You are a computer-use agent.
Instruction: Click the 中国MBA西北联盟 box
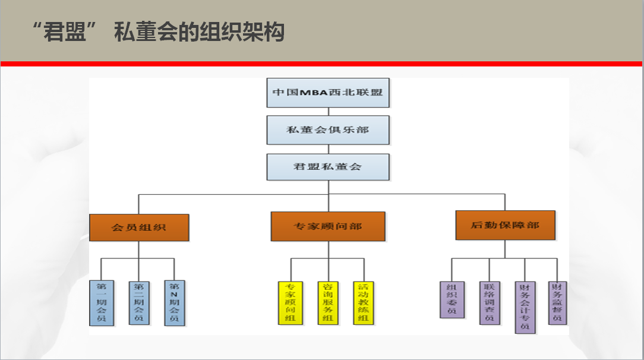[x=328, y=92]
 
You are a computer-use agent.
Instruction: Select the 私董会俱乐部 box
[x=328, y=130]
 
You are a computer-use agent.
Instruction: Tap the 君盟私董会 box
[x=328, y=167]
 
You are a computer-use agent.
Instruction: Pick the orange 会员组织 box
[x=139, y=227]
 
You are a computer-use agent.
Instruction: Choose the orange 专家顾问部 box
[x=328, y=226]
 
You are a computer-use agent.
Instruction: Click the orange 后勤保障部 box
[x=505, y=225]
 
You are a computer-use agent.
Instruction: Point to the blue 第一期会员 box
[x=102, y=303]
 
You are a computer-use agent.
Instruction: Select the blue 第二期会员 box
[x=139, y=302]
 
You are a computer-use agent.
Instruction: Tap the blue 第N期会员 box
[x=175, y=303]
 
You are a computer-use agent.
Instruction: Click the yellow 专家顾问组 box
[x=291, y=302]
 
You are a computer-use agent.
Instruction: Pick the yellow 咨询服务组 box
[x=327, y=302]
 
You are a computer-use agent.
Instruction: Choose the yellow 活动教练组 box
[x=364, y=302]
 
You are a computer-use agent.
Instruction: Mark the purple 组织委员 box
[x=452, y=299]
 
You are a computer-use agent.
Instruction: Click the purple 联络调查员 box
[x=490, y=302]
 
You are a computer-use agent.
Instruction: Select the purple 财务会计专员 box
[x=525, y=307]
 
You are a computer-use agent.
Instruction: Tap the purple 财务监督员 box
[x=557, y=302]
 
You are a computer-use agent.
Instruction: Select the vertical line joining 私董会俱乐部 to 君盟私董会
[x=328, y=149]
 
